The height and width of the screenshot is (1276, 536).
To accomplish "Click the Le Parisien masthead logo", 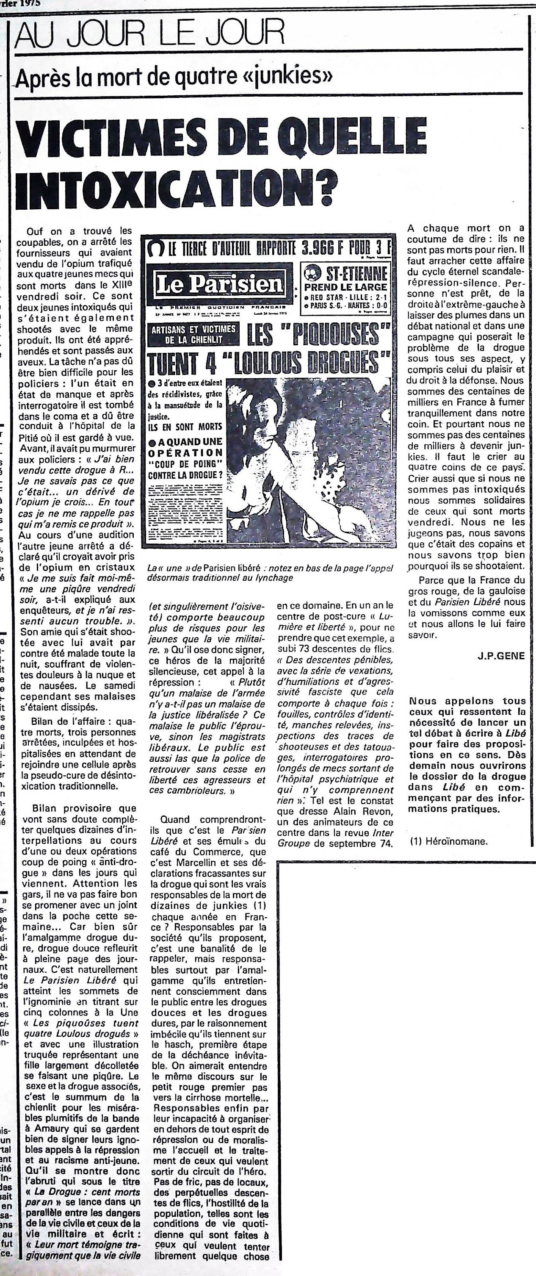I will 219,284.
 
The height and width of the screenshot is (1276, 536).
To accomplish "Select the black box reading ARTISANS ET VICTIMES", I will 194,334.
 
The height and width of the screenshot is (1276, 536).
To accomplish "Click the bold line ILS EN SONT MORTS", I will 185,427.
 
